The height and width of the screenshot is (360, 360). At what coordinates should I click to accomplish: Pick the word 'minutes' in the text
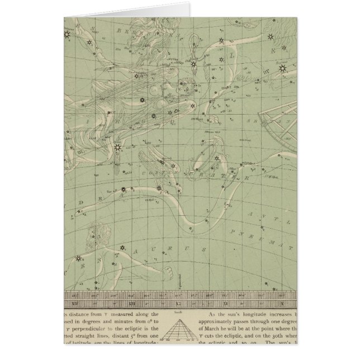click(x=129, y=323)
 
